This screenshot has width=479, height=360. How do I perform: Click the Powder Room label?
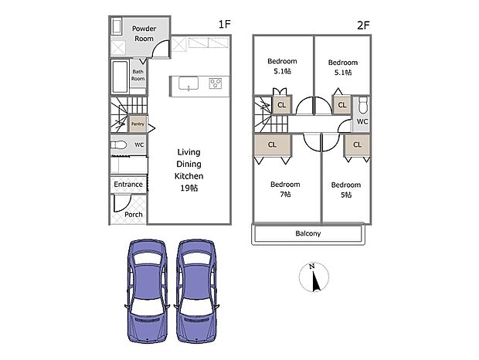(x=144, y=32)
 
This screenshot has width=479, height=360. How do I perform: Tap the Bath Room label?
(x=138, y=75)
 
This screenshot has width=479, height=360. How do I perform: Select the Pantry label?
(x=138, y=124)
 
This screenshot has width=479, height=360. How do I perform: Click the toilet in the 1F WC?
(x=119, y=145)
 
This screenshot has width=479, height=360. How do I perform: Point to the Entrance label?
(x=128, y=185)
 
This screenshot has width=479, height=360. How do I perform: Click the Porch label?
(x=134, y=214)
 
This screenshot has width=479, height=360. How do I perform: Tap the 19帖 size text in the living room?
(x=189, y=188)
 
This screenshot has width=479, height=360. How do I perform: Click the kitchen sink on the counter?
(x=189, y=83)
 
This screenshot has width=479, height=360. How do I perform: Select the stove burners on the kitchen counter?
(x=216, y=83)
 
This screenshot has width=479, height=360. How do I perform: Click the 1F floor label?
(x=224, y=25)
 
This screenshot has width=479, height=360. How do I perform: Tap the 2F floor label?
(x=364, y=25)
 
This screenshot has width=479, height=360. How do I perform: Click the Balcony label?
(x=307, y=233)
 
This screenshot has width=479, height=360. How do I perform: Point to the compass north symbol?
(x=313, y=277)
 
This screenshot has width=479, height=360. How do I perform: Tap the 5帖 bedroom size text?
(x=345, y=195)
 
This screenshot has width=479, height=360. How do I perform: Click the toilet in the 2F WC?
(x=362, y=105)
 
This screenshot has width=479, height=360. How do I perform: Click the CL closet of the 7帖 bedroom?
(x=273, y=144)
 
